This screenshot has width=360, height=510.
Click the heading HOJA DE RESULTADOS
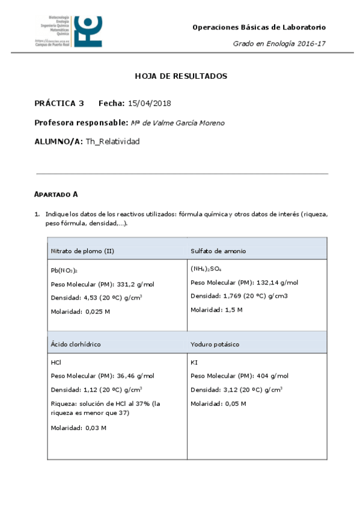point(180,76)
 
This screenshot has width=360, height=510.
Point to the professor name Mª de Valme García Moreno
point(177,123)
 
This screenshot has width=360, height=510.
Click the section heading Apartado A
point(56,194)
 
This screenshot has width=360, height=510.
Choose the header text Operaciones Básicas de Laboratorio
point(259,27)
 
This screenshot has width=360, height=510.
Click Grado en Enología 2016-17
point(279,44)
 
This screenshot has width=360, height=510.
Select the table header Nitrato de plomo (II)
point(82,250)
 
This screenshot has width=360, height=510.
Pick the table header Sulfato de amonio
point(218,250)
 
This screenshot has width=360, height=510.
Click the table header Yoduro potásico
point(215,344)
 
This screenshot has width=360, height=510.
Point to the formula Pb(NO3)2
point(64,270)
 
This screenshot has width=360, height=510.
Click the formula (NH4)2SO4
point(206,269)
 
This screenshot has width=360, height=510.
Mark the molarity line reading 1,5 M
point(216,310)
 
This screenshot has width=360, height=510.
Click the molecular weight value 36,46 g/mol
point(133,376)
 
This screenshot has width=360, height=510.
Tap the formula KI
point(194,363)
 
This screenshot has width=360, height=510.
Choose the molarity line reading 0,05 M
point(218,403)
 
